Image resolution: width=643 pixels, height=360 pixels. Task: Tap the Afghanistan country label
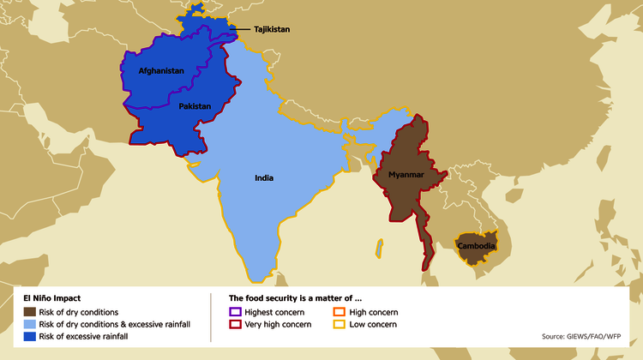(x=161, y=70)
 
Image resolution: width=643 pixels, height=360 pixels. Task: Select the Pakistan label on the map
(x=195, y=106)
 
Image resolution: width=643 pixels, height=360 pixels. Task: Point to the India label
(x=264, y=178)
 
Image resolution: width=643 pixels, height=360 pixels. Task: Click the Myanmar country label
(x=406, y=175)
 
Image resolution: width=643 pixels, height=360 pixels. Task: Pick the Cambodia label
(x=476, y=247)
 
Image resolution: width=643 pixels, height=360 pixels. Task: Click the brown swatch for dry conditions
(x=30, y=312)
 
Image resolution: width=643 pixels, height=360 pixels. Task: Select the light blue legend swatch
(x=30, y=324)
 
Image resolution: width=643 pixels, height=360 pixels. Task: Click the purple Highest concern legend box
(x=236, y=312)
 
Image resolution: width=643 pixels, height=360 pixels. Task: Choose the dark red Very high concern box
(x=236, y=324)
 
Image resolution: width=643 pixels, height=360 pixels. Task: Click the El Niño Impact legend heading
(x=52, y=298)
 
